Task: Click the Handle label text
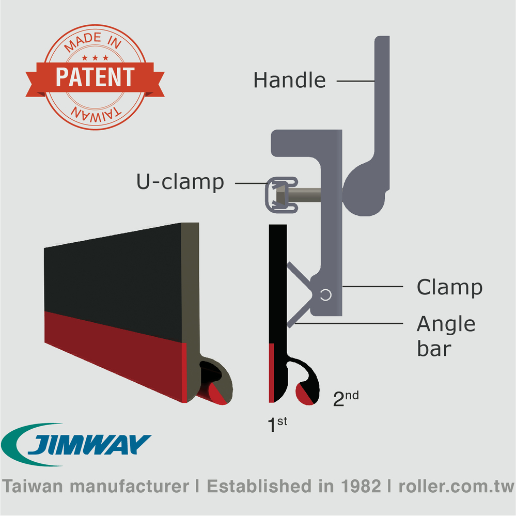click(289, 80)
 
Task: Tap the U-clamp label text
click(180, 181)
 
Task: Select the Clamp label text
click(449, 288)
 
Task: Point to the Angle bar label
click(446, 336)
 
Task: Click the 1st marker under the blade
click(277, 424)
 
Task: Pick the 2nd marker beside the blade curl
click(346, 399)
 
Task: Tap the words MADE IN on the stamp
click(93, 42)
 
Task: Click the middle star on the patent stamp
click(95, 58)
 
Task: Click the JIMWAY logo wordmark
click(89, 444)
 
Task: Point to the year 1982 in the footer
click(361, 486)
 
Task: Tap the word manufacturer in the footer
click(129, 487)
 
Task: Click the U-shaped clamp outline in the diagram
click(282, 195)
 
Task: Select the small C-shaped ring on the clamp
click(326, 295)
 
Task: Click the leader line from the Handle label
click(356, 81)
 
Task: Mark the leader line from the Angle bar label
click(349, 323)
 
